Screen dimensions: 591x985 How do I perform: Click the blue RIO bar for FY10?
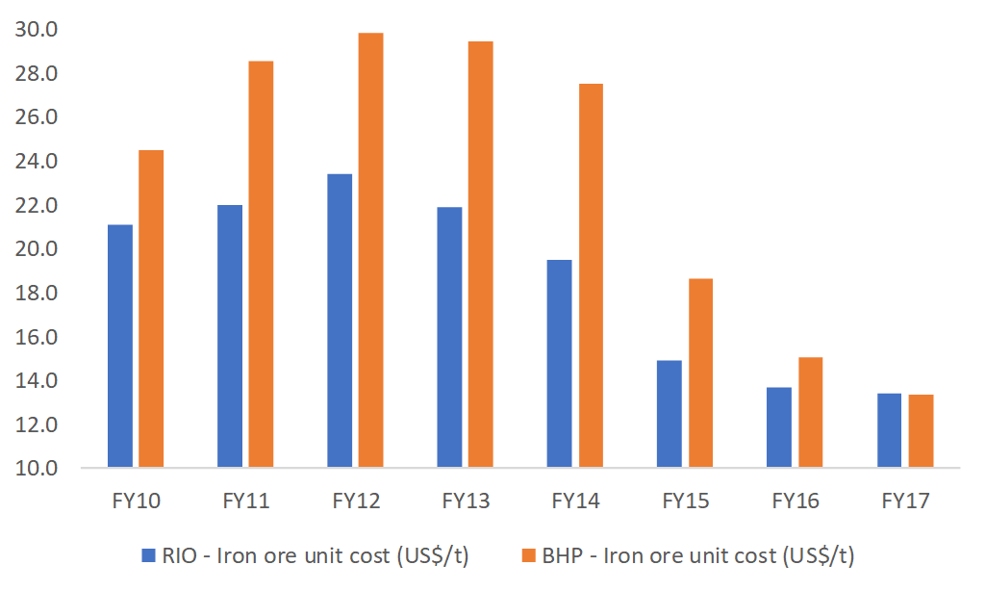tap(120, 347)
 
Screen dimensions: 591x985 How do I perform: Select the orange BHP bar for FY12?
tap(370, 250)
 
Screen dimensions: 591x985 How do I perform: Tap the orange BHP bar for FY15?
tap(699, 373)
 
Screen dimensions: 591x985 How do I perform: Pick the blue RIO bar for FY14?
tap(559, 364)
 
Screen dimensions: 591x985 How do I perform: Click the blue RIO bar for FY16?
tap(778, 427)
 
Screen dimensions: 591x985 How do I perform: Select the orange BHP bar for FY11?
tap(261, 265)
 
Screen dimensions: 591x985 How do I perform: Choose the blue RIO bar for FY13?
tap(449, 338)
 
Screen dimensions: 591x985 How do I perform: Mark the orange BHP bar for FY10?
tap(151, 309)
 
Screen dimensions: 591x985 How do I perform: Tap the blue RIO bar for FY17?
tap(889, 430)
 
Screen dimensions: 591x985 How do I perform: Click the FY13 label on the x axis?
tap(466, 501)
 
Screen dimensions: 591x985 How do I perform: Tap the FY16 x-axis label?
tap(796, 501)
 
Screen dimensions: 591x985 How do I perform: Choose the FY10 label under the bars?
tap(137, 501)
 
